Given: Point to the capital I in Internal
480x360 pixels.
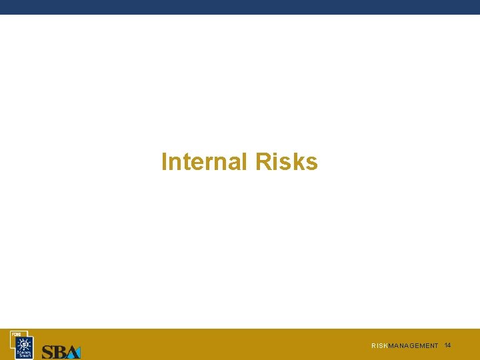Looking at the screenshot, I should pos(164,162).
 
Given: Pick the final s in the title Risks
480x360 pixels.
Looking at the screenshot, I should pos(312,163).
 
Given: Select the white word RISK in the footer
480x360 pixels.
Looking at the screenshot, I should pos(379,346).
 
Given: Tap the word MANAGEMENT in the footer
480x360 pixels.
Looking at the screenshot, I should pos(413,346).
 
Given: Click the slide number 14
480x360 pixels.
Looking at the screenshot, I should pos(447,345).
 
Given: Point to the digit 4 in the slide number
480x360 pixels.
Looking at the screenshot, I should pos(449,345).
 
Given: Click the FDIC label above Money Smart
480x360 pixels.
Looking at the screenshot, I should pos(15,333).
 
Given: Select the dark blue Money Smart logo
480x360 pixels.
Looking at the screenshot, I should pos(24,346).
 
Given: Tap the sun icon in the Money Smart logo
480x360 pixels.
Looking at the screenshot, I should pos(25,343).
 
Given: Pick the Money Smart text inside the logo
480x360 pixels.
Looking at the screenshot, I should pos(25,353).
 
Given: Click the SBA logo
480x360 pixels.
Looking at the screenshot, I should pos(61,351).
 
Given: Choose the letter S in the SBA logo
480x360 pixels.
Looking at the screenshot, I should pos(48,352).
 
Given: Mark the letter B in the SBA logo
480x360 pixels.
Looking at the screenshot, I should pos(59,352).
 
